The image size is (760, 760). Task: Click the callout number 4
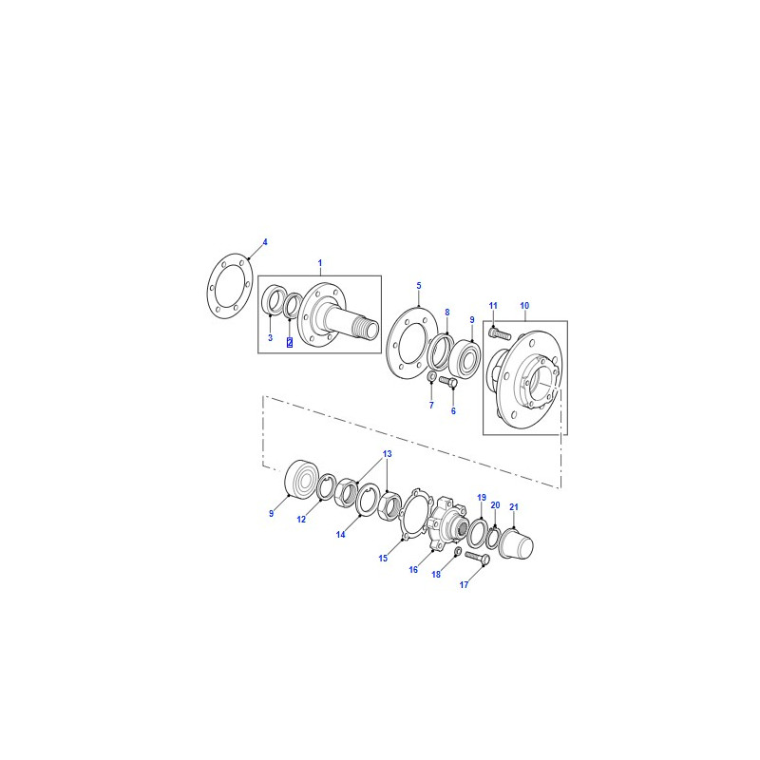point(265,242)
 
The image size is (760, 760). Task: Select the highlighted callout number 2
point(290,342)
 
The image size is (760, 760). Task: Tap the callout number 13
point(387,454)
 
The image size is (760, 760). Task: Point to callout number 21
point(514,507)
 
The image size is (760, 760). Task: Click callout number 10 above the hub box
point(524,306)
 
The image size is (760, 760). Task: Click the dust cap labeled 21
point(516,543)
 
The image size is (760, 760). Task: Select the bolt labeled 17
point(478,558)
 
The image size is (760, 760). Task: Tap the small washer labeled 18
point(457,552)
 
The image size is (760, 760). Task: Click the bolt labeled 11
point(501,334)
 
